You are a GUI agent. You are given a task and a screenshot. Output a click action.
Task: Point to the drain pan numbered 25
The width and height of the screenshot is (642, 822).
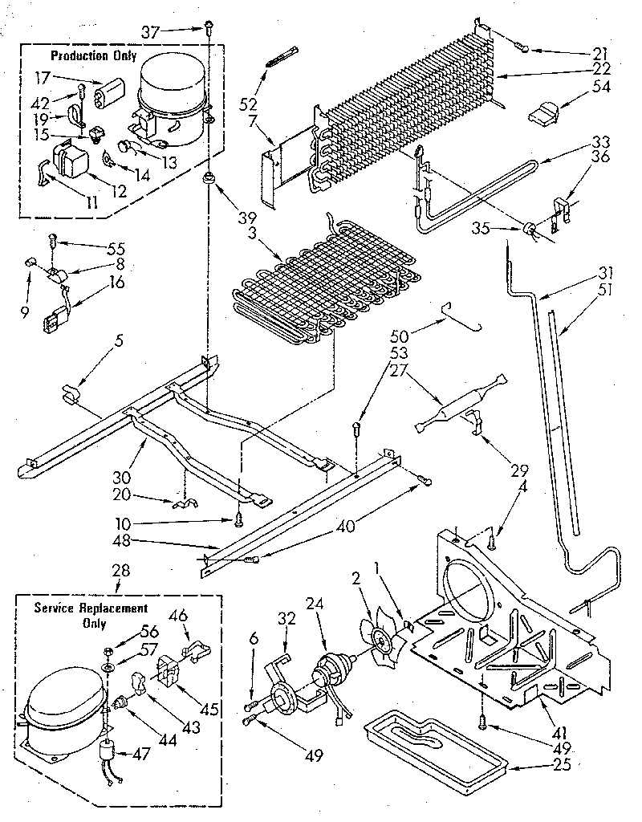pos(433,748)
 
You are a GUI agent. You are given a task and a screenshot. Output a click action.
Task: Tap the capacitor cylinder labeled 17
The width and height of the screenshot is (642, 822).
pos(109,95)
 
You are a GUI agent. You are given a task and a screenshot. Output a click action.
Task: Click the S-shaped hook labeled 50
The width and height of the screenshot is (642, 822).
pos(465,317)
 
